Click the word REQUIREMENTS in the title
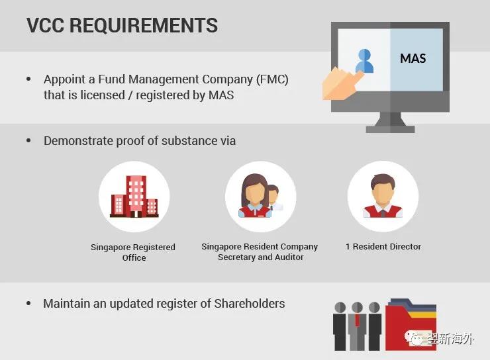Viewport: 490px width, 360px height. click(144, 25)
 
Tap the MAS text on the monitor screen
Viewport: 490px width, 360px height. click(413, 58)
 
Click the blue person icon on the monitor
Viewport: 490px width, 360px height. click(364, 61)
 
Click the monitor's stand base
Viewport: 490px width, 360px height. click(390, 129)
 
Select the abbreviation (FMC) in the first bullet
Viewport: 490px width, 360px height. click(272, 79)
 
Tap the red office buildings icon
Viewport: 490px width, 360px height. click(134, 197)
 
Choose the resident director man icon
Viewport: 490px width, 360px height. click(383, 196)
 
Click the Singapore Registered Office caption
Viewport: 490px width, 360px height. click(133, 252)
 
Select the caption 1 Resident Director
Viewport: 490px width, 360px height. click(383, 246)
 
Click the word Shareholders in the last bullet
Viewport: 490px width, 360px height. click(250, 304)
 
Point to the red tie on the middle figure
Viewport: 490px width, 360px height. click(357, 320)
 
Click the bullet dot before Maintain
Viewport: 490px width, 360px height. click(28, 303)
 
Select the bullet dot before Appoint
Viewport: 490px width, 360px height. click(28, 79)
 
